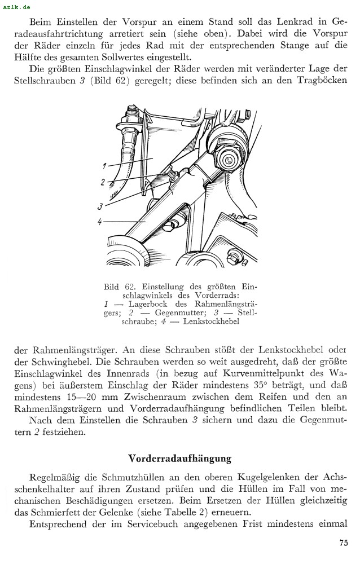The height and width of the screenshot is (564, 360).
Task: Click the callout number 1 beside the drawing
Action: [105, 166]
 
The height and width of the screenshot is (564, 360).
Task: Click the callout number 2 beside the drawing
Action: [103, 182]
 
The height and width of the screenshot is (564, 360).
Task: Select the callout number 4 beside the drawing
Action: [100, 222]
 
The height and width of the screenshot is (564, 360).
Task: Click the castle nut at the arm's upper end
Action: [228, 160]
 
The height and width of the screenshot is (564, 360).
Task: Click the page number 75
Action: [343, 543]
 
